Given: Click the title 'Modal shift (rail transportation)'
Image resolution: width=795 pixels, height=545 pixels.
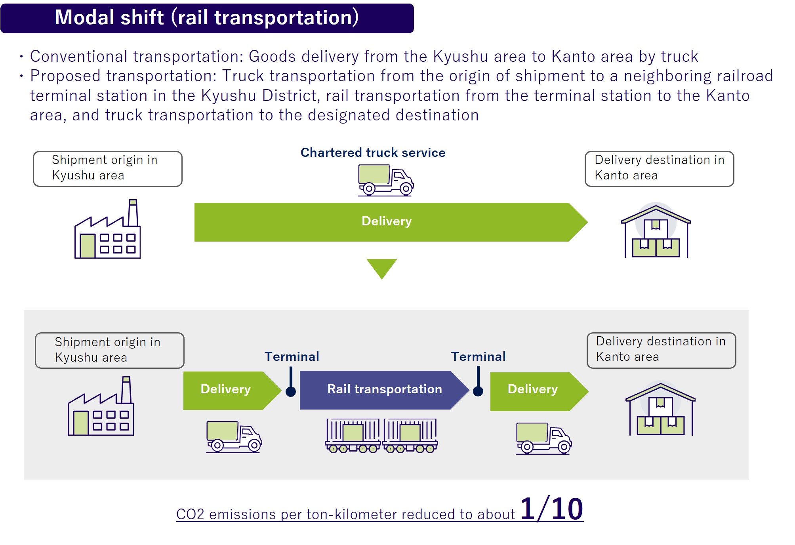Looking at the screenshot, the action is point(207,18).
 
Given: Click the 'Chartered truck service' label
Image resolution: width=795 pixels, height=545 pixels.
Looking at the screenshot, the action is point(373,152).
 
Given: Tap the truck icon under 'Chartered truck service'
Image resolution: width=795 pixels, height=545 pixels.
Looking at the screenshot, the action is point(385,180).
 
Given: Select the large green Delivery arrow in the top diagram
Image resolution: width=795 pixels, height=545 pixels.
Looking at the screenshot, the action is point(391,222).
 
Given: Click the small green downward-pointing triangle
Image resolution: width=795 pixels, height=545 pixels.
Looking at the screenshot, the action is point(381,269).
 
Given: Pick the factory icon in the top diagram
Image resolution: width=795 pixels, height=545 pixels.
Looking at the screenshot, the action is point(107,229).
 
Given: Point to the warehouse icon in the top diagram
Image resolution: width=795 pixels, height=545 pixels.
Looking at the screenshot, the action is point(656,231).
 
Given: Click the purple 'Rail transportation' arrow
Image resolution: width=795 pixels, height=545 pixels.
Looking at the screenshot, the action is point(384,390).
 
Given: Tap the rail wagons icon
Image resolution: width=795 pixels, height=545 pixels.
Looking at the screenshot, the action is point(381,436).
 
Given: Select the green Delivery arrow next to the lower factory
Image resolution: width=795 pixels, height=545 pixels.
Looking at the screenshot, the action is point(233,391).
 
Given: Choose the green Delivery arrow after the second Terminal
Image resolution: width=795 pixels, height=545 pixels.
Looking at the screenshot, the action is point(540,391).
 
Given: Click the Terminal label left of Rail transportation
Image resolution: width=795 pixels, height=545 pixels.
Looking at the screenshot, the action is point(292,356).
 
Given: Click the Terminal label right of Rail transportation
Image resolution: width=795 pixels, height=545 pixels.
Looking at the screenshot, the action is point(479,356).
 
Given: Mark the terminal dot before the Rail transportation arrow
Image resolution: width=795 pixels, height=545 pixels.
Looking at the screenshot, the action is point(291,392).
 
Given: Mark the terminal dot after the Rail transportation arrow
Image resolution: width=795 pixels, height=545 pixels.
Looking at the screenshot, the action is point(478,391).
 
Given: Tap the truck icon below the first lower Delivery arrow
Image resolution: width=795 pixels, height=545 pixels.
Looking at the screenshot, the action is point(234,437).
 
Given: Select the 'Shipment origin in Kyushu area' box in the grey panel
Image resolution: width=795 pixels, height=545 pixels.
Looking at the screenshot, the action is point(110,351).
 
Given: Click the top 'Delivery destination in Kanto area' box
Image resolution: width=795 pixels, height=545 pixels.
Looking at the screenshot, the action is point(660,169).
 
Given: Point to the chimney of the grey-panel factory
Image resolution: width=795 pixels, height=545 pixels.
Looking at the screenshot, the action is point(126,390).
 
